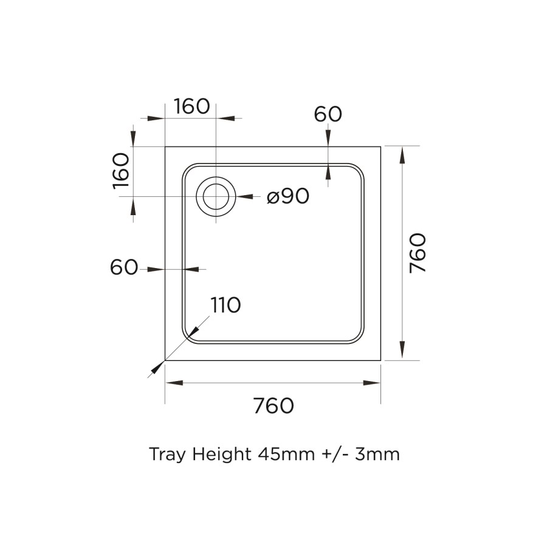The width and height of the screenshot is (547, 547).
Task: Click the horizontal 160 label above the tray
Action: tap(191, 106)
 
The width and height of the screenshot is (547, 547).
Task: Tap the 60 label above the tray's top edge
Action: tap(328, 114)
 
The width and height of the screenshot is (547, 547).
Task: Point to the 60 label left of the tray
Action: tap(124, 267)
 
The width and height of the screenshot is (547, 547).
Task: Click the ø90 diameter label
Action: tap(288, 196)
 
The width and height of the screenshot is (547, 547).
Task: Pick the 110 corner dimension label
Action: tap(225, 305)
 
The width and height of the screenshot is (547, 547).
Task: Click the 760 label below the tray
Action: tap(273, 405)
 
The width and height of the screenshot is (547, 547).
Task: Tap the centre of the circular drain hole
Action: tap(216, 197)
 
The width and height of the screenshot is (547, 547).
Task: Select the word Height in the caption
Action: tap(221, 454)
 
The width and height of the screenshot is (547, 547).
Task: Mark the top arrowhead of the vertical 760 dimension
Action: tap(402, 156)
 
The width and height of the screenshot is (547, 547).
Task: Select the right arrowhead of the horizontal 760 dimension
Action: tap(372, 382)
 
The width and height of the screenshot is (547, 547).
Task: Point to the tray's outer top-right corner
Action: tap(381, 146)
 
